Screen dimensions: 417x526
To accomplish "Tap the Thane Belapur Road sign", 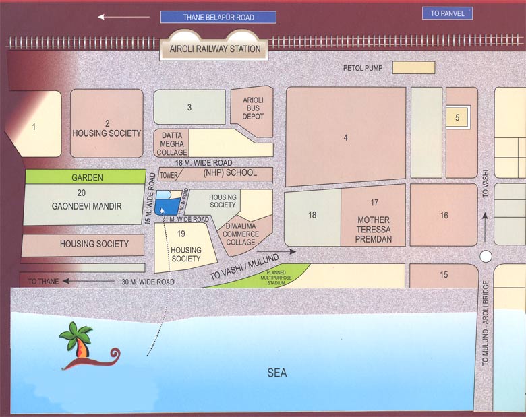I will (x=218, y=18).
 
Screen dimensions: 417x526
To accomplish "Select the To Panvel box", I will (x=447, y=13).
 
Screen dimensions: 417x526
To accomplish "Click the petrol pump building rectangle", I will (x=414, y=68).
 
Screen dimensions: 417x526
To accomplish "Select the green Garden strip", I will (x=87, y=178).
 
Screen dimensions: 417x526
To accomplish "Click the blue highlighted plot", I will (x=163, y=203).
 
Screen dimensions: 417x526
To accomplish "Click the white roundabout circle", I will (x=486, y=257).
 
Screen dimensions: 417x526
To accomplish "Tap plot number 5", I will (x=457, y=118).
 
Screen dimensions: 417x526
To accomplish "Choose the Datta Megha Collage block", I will (x=171, y=143).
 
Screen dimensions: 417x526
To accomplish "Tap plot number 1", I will (x=34, y=126).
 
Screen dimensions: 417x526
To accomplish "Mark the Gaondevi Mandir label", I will (x=87, y=206).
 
